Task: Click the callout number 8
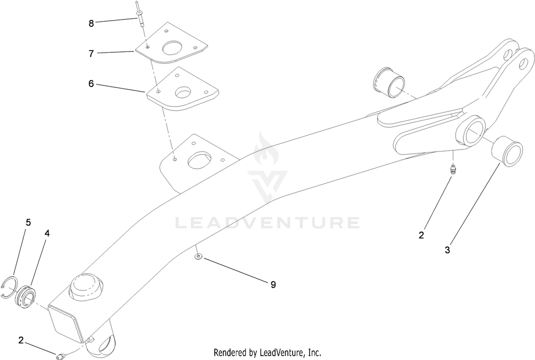pyautogui.click(x=91, y=24)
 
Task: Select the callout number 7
pyautogui.click(x=91, y=54)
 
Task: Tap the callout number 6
pyautogui.click(x=91, y=84)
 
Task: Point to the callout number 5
pyautogui.click(x=29, y=222)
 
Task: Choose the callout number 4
pyautogui.click(x=47, y=233)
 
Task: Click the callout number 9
pyautogui.click(x=273, y=284)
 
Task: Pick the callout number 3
pyautogui.click(x=447, y=250)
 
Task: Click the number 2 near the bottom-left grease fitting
pyautogui.click(x=21, y=340)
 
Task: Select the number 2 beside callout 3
pyautogui.click(x=421, y=235)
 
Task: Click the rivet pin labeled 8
pyautogui.click(x=140, y=14)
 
